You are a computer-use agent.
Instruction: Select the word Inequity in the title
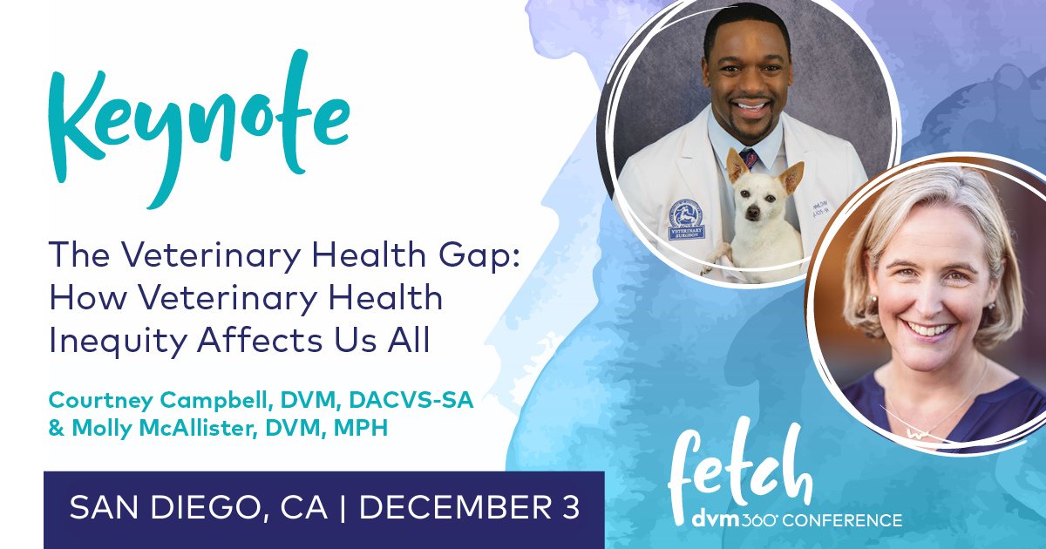pos(100,341)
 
